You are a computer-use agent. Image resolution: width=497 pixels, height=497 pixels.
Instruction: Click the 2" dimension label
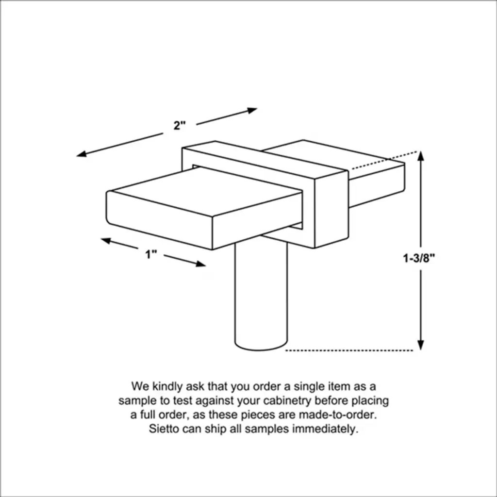(179, 126)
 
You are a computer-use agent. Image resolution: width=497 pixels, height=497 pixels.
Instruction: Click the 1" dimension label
(151, 254)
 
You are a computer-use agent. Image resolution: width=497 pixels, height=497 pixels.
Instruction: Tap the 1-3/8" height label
(418, 258)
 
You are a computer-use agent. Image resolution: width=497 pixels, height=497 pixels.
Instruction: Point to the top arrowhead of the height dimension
(421, 156)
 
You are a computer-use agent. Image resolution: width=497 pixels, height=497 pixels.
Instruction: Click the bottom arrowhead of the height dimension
(421, 345)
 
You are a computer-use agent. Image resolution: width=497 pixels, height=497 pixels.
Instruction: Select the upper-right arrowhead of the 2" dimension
(252, 110)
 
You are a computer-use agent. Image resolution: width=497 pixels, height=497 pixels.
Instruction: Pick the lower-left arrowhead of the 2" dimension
(82, 154)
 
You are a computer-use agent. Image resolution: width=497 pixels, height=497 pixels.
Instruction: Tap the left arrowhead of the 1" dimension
(106, 241)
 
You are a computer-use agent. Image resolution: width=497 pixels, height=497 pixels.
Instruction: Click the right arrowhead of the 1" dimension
(200, 264)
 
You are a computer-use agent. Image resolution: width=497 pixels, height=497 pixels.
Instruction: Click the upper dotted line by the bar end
(385, 160)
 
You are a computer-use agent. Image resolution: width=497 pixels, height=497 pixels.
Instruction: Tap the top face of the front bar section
(207, 191)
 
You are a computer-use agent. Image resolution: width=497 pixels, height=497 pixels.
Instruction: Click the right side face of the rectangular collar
(331, 209)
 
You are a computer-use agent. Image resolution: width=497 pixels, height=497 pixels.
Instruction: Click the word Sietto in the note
(164, 429)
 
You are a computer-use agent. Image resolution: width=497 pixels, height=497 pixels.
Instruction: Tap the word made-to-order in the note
(338, 414)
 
